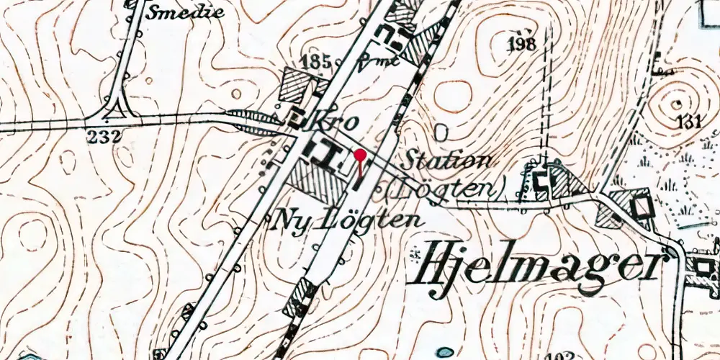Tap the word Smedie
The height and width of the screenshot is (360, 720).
[x=185, y=12]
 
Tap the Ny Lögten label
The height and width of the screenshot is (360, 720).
[x=347, y=220]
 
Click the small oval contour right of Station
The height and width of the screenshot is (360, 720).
[x=441, y=132]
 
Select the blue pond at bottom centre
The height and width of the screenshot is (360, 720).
[x=446, y=352]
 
